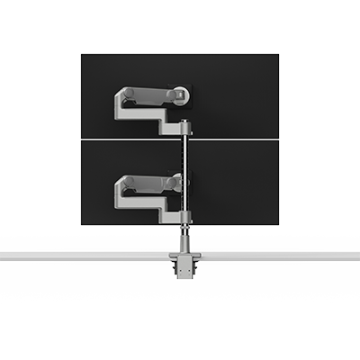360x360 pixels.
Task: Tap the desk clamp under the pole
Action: pyautogui.click(x=184, y=266)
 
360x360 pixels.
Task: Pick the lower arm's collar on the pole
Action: pyautogui.click(x=185, y=216)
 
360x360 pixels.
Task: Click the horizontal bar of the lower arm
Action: pyautogui.click(x=148, y=183)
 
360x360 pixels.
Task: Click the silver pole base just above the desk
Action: pyautogui.click(x=185, y=241)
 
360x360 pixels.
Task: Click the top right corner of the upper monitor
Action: pyautogui.click(x=277, y=56)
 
